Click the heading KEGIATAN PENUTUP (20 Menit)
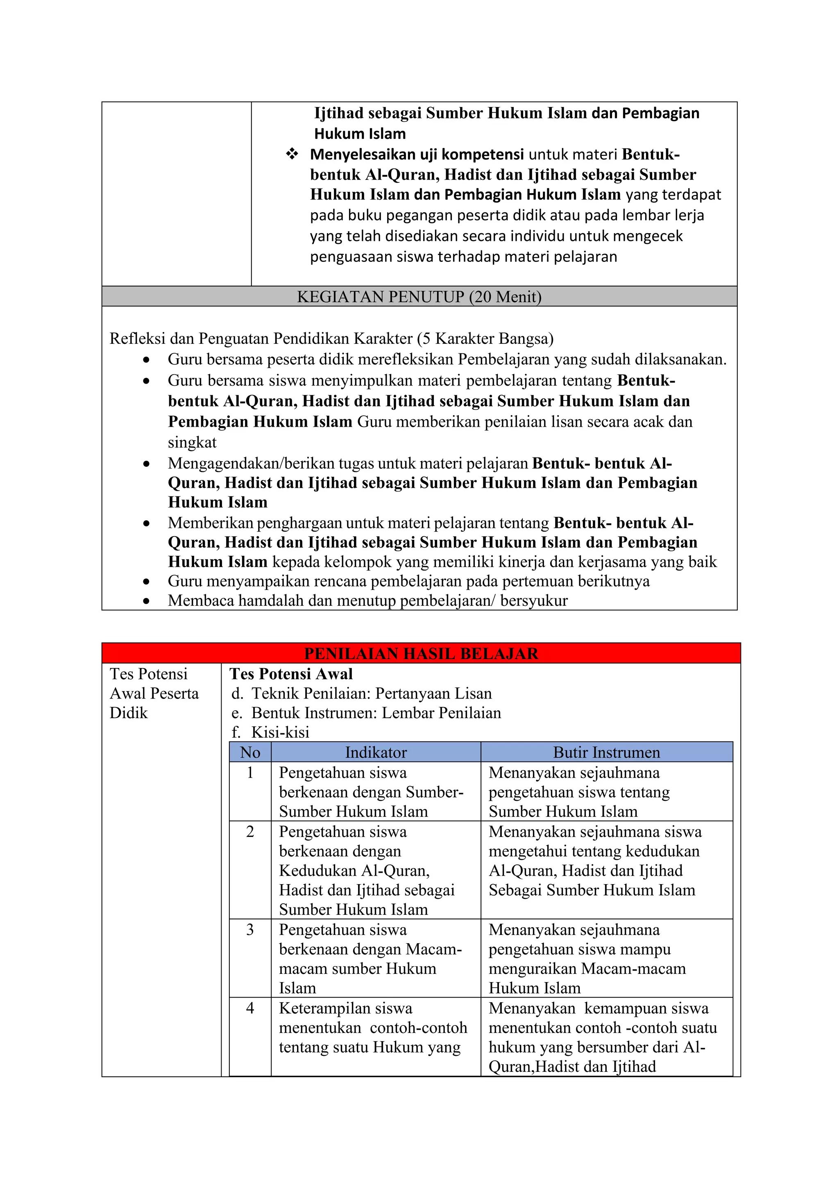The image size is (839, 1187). click(419, 297)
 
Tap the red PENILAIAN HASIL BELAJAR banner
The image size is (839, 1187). click(421, 653)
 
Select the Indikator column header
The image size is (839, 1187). click(376, 752)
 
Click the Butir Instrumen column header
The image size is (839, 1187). click(607, 752)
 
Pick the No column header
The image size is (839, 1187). click(250, 752)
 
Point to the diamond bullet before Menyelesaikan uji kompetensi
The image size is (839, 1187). click(292, 154)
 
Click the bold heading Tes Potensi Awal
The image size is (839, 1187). click(291, 674)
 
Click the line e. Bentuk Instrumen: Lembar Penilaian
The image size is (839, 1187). click(366, 713)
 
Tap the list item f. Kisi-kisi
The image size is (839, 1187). click(271, 732)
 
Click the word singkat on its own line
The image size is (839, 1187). click(192, 443)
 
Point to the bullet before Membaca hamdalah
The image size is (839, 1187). click(147, 601)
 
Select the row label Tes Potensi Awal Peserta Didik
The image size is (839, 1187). click(154, 693)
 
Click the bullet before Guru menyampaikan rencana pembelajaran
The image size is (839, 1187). click(147, 582)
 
